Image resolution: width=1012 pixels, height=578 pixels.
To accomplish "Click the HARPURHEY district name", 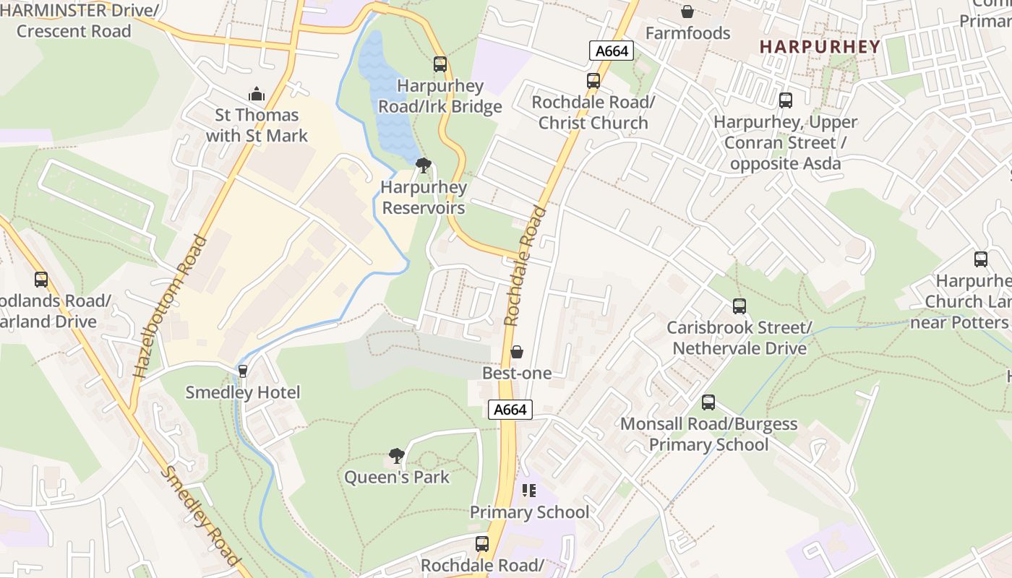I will [820, 47].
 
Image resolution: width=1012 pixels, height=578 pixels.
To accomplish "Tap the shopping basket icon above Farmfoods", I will [687, 12].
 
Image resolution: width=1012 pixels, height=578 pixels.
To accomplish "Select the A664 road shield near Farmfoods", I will [612, 51].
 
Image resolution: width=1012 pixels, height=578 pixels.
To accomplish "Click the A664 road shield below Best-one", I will [510, 410].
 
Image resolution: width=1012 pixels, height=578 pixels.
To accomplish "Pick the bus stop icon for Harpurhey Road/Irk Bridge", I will [439, 64].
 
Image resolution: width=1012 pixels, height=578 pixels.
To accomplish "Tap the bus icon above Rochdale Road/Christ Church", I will [593, 81].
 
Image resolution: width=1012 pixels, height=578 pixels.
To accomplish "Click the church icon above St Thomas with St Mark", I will [256, 94].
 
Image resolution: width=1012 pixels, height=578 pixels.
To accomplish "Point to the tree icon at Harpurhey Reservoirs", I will [423, 166].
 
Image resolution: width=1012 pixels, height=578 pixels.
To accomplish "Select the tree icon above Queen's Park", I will [396, 455].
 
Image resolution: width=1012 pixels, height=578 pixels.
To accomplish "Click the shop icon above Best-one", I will [516, 352].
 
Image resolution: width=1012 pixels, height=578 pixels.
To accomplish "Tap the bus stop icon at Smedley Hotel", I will [243, 371].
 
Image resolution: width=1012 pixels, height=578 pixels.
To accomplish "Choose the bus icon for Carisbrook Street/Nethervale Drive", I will [739, 306].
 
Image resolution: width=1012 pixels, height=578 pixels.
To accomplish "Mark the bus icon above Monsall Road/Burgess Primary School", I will [708, 402].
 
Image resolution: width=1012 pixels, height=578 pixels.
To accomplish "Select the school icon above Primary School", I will [529, 491].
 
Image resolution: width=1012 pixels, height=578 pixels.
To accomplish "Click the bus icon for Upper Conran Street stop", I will [785, 100].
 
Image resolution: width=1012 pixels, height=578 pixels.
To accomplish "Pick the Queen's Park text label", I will [396, 478].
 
